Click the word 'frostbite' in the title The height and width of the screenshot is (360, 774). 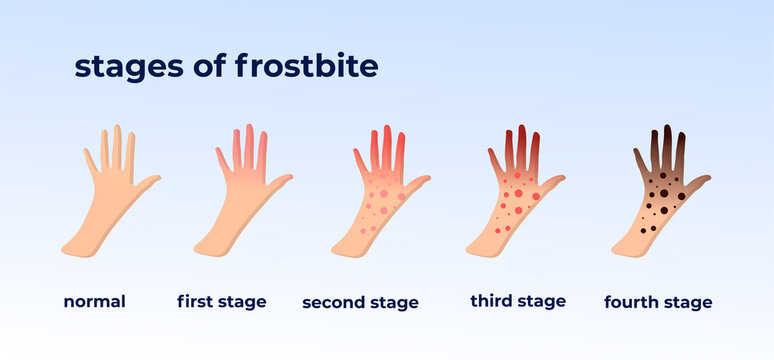(307, 66)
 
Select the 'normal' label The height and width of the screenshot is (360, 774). (94, 301)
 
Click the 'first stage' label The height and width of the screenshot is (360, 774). (221, 301)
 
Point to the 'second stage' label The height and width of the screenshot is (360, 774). (360, 302)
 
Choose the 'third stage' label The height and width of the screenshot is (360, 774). (517, 301)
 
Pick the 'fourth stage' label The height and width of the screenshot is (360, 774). (658, 302)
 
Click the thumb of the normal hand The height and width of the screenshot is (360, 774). (147, 183)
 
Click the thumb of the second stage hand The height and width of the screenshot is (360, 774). (418, 183)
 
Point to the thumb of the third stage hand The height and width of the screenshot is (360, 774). (553, 182)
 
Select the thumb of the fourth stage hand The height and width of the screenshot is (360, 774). (697, 183)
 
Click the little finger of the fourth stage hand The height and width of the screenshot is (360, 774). (639, 159)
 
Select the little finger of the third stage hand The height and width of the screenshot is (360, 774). (493, 159)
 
